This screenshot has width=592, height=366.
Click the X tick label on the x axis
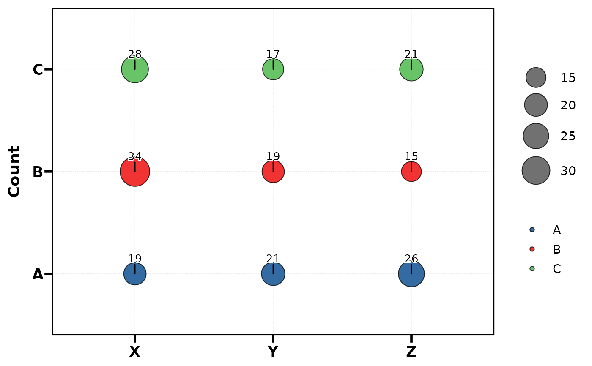[x=134, y=352]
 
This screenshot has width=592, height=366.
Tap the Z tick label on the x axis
[x=411, y=352]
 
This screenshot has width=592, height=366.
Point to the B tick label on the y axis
[x=38, y=172]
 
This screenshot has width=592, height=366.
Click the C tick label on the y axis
[x=38, y=70]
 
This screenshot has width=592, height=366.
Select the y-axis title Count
[x=15, y=171]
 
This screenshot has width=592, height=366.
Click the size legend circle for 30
[x=536, y=170]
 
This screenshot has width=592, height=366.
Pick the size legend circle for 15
[x=536, y=77]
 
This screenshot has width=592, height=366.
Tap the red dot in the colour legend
[x=532, y=249]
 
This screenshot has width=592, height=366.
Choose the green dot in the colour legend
[x=532, y=268]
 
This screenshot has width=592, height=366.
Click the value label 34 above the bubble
[x=135, y=156]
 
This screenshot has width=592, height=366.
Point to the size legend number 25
[x=568, y=136]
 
